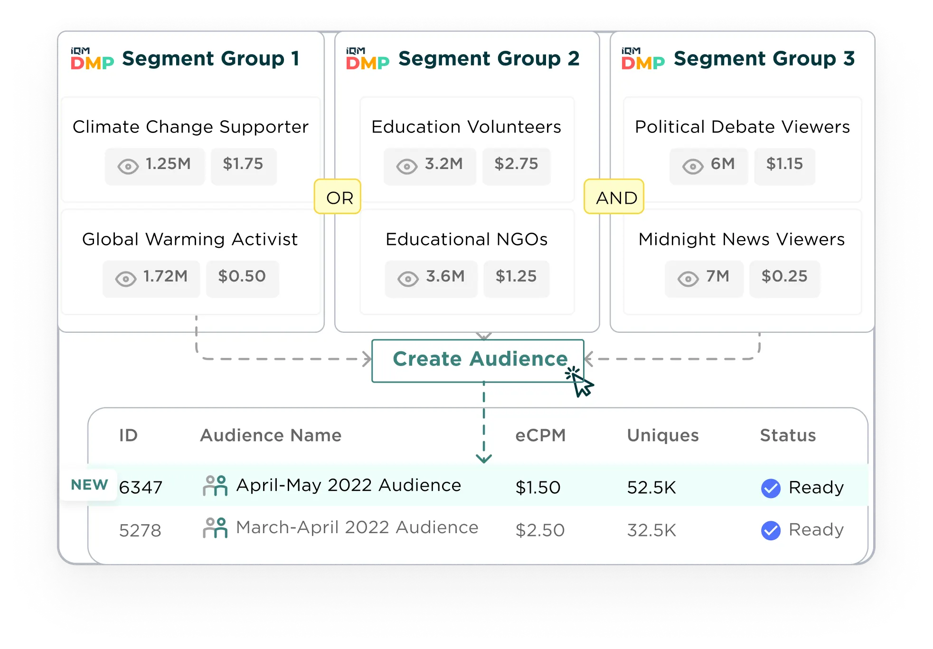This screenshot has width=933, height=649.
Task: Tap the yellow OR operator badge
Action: tap(338, 197)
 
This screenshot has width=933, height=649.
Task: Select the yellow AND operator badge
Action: tap(614, 197)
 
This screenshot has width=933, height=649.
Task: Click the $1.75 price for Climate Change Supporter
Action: tap(243, 165)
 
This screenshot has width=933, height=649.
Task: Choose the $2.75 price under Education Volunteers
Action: tap(516, 165)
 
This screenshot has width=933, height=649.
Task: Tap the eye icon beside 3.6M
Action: tap(408, 279)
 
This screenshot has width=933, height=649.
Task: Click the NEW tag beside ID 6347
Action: tap(89, 485)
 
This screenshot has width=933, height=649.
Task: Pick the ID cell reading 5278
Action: tap(140, 530)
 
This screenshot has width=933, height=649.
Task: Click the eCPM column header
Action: tap(540, 435)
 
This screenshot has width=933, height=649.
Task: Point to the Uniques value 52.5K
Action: tap(651, 488)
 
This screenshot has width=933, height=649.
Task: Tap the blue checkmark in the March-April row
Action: tap(770, 530)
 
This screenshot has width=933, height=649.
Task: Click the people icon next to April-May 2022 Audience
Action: tap(215, 486)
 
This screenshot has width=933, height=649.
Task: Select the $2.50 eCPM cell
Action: tap(540, 530)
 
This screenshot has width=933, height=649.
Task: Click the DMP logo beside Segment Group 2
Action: tap(368, 59)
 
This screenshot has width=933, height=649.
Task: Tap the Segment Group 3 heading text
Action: tap(764, 59)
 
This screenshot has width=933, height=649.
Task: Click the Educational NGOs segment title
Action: tap(466, 239)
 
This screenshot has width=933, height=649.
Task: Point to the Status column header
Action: tap(788, 435)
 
